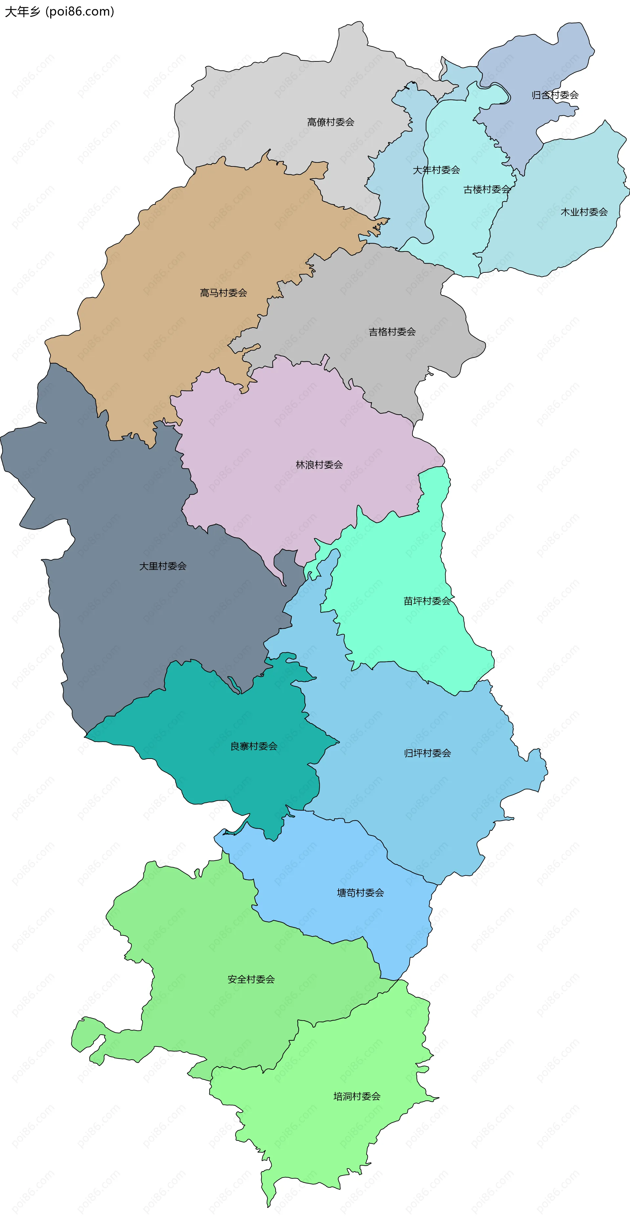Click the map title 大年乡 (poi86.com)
coord(59,11)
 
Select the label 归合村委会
coord(555,95)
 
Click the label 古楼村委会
coord(487,189)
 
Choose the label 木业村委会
coord(584,212)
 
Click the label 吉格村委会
coord(392,332)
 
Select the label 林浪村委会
coord(319,465)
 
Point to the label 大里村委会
coord(163,566)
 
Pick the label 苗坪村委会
coord(427,601)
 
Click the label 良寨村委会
coord(254,746)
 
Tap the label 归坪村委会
coord(427,753)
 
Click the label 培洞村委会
coord(357,1096)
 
